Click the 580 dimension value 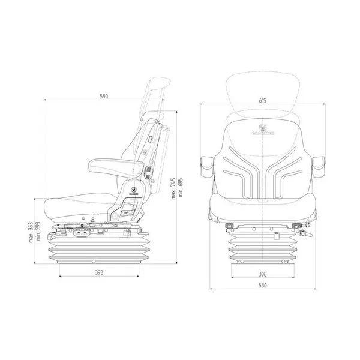click(104, 95)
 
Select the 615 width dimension click(263, 101)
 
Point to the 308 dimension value click(263, 274)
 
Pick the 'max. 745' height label click(172, 189)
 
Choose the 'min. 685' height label click(179, 189)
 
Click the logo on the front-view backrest click(263, 127)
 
